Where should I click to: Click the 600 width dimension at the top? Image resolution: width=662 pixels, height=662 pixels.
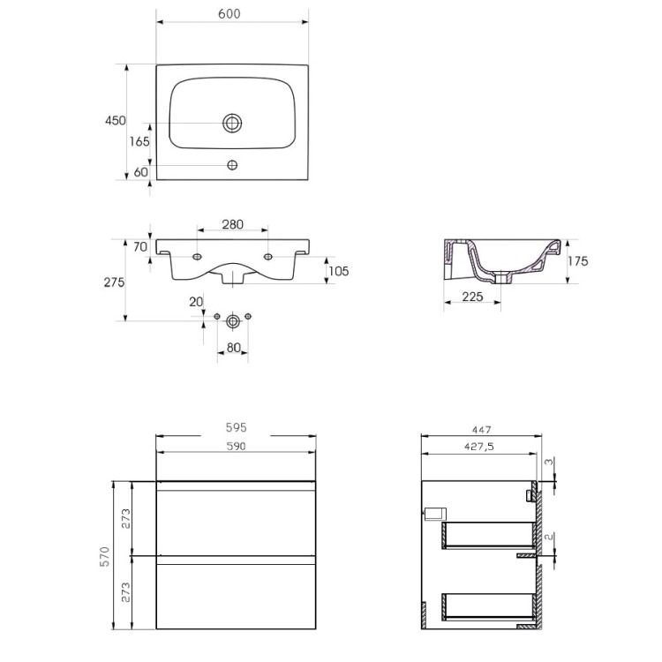pos(229,14)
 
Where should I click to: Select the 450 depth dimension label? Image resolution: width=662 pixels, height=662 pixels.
pos(116,121)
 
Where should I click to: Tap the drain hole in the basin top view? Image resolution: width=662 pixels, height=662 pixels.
pos(232,123)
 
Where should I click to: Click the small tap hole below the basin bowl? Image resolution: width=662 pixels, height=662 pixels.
pos(232,165)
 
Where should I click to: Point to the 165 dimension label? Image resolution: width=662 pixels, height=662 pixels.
pos(139,141)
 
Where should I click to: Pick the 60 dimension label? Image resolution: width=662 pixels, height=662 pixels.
pos(140,172)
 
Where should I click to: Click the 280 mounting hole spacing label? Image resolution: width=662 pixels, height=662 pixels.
pos(233,224)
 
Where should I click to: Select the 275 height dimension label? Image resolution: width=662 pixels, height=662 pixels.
pos(114,282)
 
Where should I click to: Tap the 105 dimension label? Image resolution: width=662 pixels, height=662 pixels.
pos(339,271)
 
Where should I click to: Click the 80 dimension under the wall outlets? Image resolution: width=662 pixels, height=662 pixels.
pos(234,348)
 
